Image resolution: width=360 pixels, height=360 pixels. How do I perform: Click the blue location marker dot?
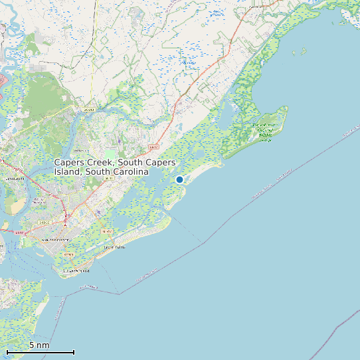click(179, 179)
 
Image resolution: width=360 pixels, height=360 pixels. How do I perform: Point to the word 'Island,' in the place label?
click(68, 171)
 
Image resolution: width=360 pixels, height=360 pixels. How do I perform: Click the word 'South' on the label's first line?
click(129, 163)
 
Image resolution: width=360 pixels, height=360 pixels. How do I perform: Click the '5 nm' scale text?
click(39, 345)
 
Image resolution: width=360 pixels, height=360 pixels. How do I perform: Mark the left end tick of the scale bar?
click(7, 352)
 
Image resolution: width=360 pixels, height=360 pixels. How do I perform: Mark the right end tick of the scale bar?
click(74, 352)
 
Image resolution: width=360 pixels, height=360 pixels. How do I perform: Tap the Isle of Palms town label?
click(114, 248)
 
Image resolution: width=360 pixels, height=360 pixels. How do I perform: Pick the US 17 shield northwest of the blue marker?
click(154, 145)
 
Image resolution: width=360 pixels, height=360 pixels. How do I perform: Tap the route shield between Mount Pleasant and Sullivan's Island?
click(67, 254)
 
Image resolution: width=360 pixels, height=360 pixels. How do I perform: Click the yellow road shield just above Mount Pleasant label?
click(45, 222)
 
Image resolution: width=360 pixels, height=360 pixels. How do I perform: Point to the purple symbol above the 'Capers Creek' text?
click(119, 141)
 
